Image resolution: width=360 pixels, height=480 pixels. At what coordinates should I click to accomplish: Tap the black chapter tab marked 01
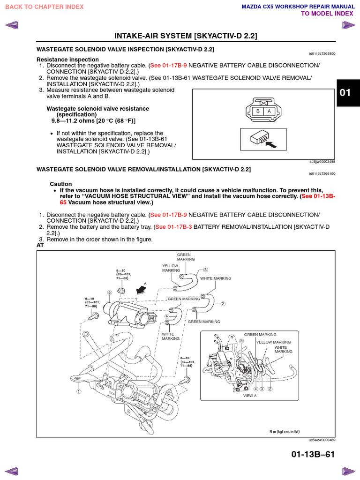pyautogui.click(x=345, y=92)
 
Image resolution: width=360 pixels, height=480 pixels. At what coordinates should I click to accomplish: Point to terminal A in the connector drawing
pyautogui.click(x=269, y=111)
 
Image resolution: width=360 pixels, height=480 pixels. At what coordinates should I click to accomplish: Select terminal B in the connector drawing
pyautogui.click(x=257, y=111)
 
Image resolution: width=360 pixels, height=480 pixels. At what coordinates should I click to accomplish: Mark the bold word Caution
pyautogui.click(x=61, y=184)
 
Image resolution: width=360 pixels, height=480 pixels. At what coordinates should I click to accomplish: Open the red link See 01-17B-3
pyautogui.click(x=173, y=227)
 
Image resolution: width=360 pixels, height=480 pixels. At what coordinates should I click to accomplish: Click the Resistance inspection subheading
pyautogui.click(x=67, y=60)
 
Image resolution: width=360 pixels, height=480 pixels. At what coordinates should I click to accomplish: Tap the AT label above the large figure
pyautogui.click(x=40, y=245)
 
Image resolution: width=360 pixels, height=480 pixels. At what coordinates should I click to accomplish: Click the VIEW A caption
pyautogui.click(x=250, y=396)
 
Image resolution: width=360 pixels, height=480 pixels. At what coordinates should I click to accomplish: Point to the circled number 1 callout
pyautogui.click(x=79, y=390)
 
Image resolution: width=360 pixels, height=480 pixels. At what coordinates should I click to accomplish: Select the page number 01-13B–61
pyautogui.click(x=313, y=454)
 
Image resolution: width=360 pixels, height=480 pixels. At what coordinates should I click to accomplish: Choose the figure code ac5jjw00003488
pyautogui.click(x=322, y=161)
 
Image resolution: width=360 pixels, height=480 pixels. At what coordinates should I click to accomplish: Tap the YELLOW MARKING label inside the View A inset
pyautogui.click(x=274, y=342)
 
